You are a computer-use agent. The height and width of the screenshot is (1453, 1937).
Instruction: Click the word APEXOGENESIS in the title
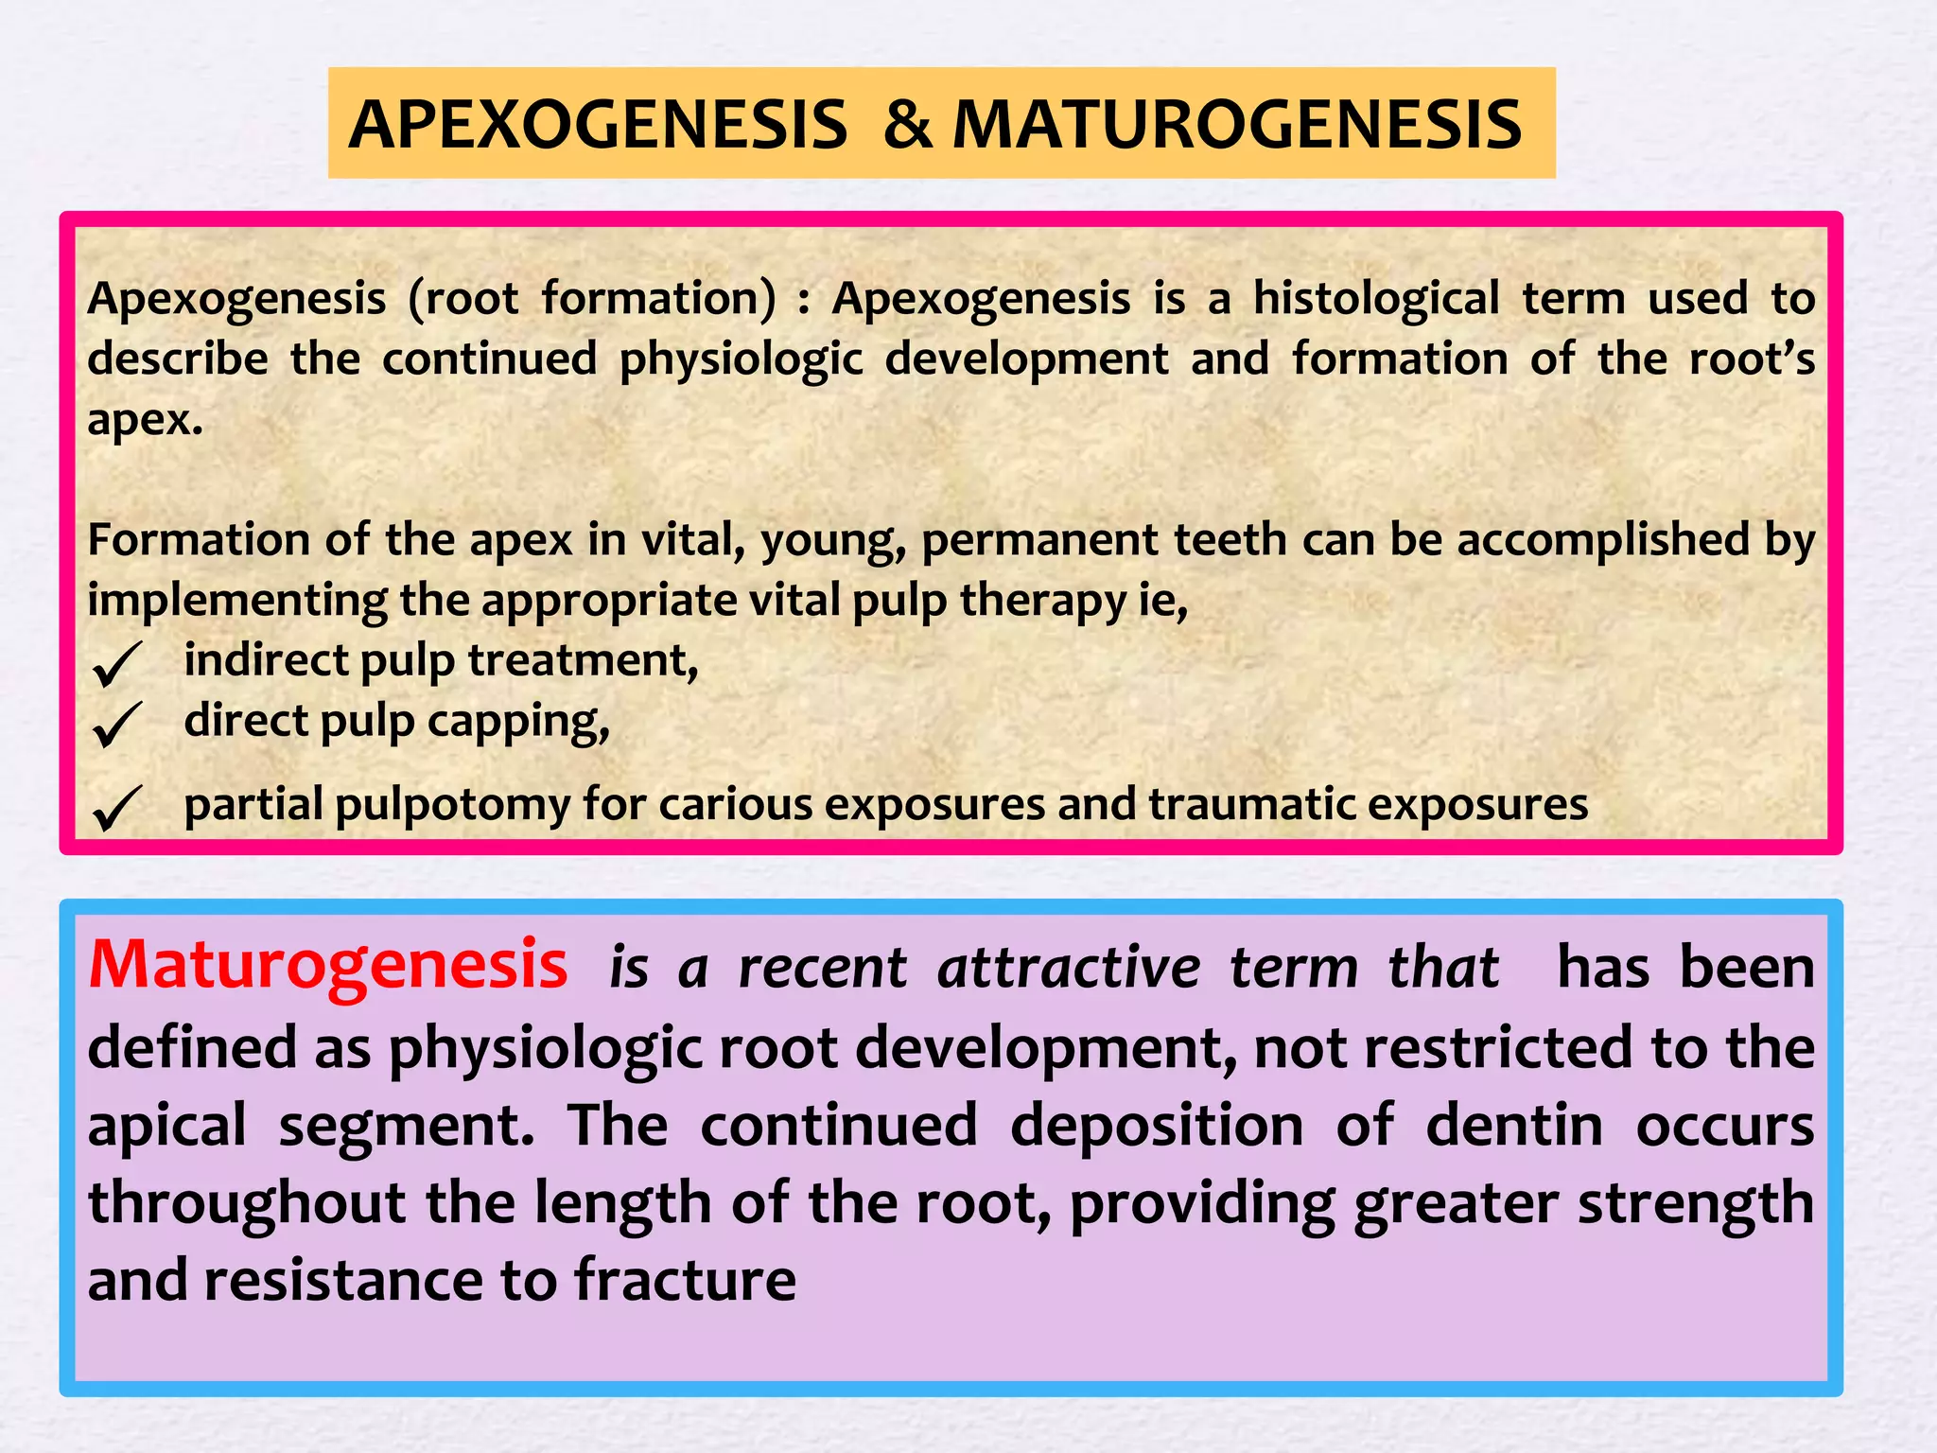tap(598, 125)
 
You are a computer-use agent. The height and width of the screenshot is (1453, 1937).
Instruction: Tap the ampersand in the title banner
tap(907, 125)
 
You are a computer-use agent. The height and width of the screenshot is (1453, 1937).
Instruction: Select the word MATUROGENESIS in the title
tap(1236, 125)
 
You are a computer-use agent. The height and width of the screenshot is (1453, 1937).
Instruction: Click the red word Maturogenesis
tap(327, 966)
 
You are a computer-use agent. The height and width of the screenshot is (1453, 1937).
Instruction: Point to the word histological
tap(1376, 299)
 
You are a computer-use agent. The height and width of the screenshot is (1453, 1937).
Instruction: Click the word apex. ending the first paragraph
tap(145, 420)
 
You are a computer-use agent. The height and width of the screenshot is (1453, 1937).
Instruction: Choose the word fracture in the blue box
tap(685, 1280)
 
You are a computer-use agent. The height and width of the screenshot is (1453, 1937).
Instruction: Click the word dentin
tap(1513, 1126)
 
